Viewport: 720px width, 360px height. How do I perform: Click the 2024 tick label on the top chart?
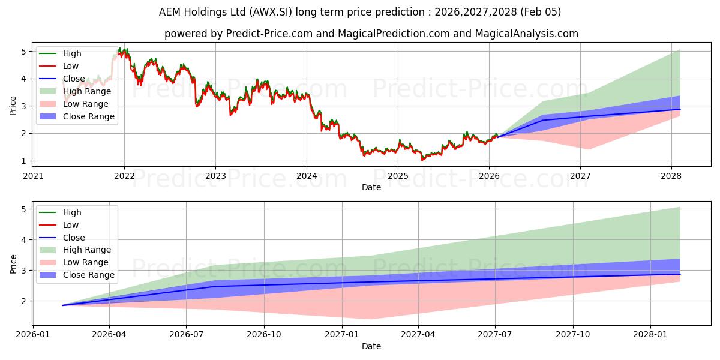tap(307, 176)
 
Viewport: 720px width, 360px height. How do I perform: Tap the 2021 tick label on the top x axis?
tap(33, 176)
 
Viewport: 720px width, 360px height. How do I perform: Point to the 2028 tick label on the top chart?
tap(671, 176)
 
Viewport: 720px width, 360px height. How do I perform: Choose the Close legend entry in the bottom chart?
tap(74, 238)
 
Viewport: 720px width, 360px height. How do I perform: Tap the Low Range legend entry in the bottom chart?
tap(86, 262)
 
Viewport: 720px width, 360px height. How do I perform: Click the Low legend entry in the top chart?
tap(71, 66)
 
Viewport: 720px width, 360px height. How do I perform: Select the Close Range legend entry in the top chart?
tap(89, 116)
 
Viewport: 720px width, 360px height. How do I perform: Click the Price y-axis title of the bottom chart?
tap(13, 263)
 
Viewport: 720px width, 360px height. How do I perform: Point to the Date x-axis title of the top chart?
tap(371, 187)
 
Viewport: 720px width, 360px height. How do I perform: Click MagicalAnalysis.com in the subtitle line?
tap(526, 34)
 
